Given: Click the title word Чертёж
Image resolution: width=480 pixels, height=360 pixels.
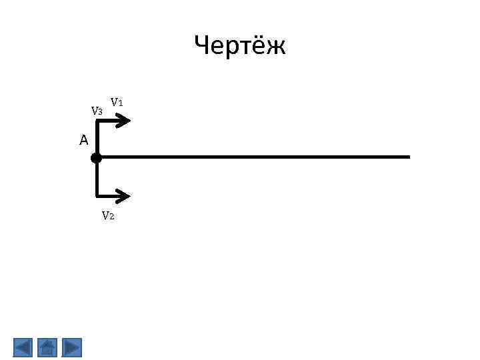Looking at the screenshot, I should pos(240,46).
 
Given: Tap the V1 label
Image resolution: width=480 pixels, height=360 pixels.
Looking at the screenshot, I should pos(117,102).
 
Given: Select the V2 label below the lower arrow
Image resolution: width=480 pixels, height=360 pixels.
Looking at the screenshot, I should pos(108,215).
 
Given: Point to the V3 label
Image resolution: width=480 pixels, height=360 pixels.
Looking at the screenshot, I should pos(97,111).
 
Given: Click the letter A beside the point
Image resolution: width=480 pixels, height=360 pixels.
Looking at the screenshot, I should pos(83,140).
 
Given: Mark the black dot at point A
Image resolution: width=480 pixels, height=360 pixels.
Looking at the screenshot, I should pos(96,158).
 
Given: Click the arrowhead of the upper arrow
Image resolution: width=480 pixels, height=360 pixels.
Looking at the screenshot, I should pos(125,121).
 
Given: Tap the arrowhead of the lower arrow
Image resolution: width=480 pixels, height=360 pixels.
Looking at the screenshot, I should pos(125,196).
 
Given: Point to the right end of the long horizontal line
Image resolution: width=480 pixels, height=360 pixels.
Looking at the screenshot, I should pos(409,157).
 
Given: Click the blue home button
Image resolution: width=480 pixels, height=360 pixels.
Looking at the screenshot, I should pos(47,347).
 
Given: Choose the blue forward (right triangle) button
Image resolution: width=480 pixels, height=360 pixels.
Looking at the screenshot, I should pos(71,347).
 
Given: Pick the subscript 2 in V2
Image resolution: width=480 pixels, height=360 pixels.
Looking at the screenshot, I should pos(112,217).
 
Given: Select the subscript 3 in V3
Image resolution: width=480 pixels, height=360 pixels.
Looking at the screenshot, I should pos(100,112).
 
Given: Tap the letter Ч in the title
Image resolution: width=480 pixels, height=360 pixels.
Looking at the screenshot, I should pos(202,46).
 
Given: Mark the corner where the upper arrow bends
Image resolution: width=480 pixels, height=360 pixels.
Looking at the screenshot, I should pos(97,121).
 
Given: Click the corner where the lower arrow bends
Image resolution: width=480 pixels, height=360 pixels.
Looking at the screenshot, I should pos(97,196).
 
